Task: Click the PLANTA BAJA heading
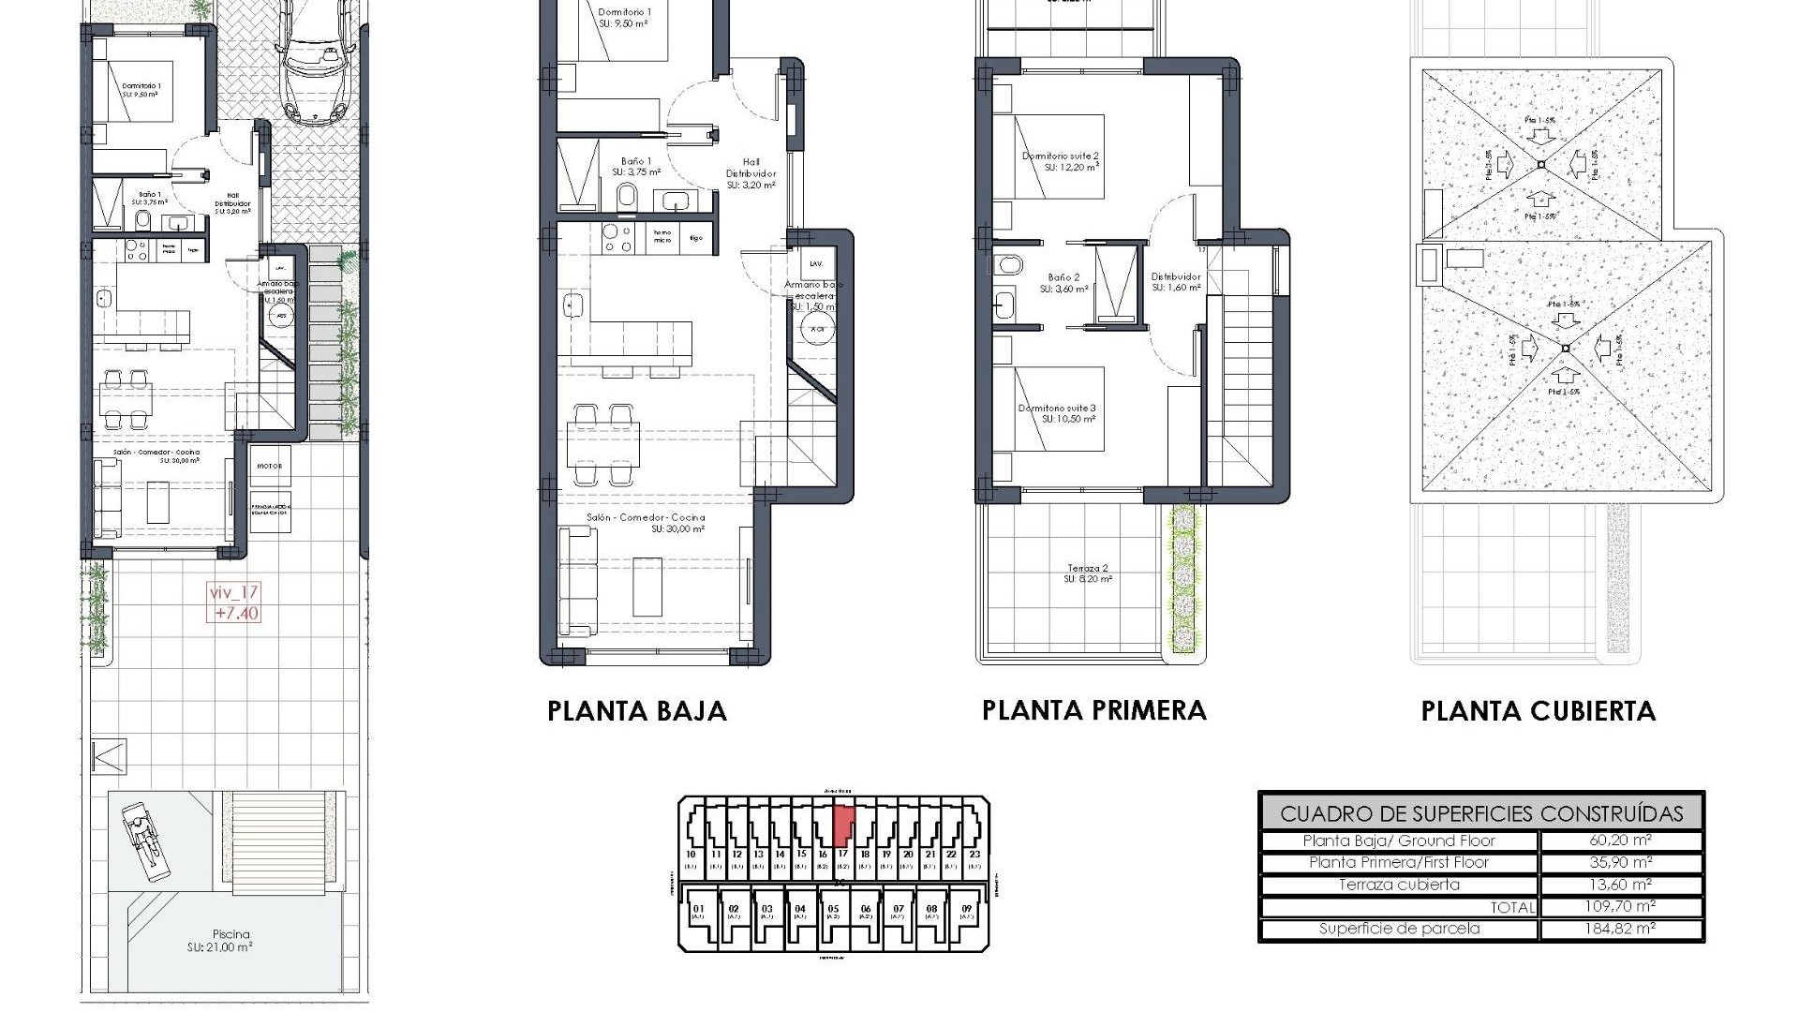click(637, 711)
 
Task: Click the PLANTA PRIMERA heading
click(1093, 710)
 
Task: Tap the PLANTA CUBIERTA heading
click(1538, 711)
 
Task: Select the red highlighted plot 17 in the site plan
click(842, 825)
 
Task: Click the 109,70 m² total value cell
click(1621, 906)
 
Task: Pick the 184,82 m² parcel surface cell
click(1621, 929)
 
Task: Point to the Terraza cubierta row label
click(1399, 885)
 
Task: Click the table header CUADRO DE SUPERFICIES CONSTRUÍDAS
click(1480, 813)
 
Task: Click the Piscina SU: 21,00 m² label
click(230, 940)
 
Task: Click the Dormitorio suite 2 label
click(1060, 161)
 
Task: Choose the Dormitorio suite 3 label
click(1057, 413)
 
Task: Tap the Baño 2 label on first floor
click(1063, 283)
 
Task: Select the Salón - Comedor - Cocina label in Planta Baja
click(647, 523)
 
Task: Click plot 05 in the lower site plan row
click(833, 913)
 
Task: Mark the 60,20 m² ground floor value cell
click(1621, 841)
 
